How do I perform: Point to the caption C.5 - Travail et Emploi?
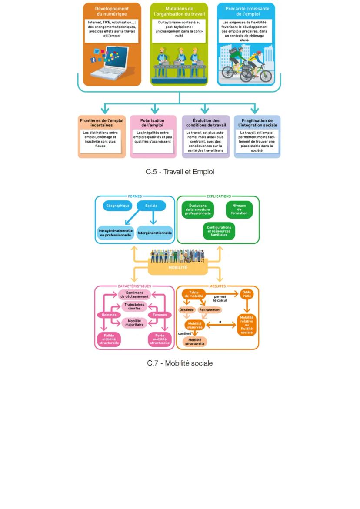[180, 172]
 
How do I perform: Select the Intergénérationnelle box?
[155, 233]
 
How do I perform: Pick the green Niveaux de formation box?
[239, 209]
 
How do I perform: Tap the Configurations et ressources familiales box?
[219, 231]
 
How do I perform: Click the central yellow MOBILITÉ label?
[178, 268]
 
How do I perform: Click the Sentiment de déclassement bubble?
[134, 295]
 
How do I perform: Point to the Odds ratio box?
[247, 294]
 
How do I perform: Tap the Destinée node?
[187, 310]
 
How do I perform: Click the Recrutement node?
[210, 310]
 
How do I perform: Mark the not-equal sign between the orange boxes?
[221, 322]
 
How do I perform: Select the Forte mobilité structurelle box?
[160, 339]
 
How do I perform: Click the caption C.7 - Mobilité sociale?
[180, 363]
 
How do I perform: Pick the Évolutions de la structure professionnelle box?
[198, 210]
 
